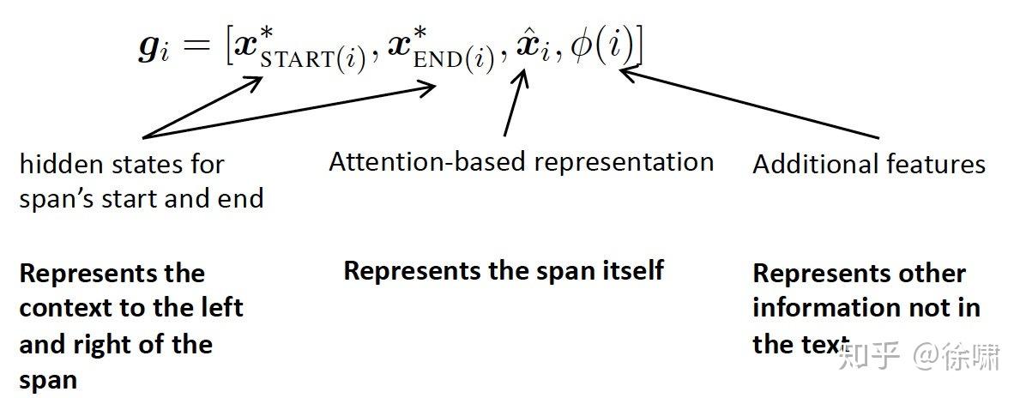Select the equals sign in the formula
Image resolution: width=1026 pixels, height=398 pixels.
pos(196,49)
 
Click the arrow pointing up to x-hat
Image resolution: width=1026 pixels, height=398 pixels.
pos(513,103)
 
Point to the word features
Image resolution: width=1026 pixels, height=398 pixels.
pos(934,164)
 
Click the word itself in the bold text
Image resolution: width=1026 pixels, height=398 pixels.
pos(630,271)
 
